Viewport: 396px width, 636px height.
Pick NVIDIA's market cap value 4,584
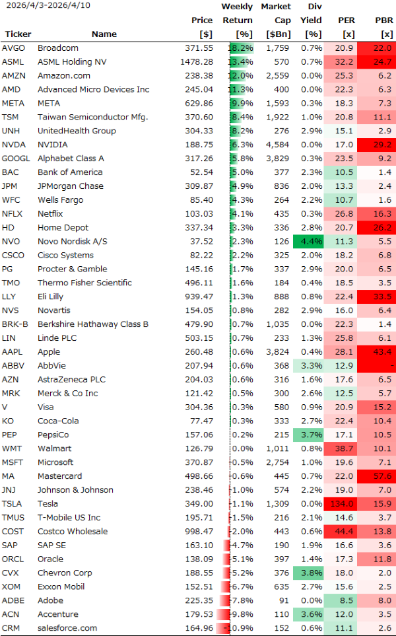(276, 145)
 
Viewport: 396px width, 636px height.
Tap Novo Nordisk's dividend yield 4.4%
(311, 241)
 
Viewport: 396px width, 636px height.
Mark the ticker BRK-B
(15, 324)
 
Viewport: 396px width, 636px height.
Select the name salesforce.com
(67, 628)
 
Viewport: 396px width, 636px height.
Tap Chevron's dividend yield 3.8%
(311, 573)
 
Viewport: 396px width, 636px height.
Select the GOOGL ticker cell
(16, 159)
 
